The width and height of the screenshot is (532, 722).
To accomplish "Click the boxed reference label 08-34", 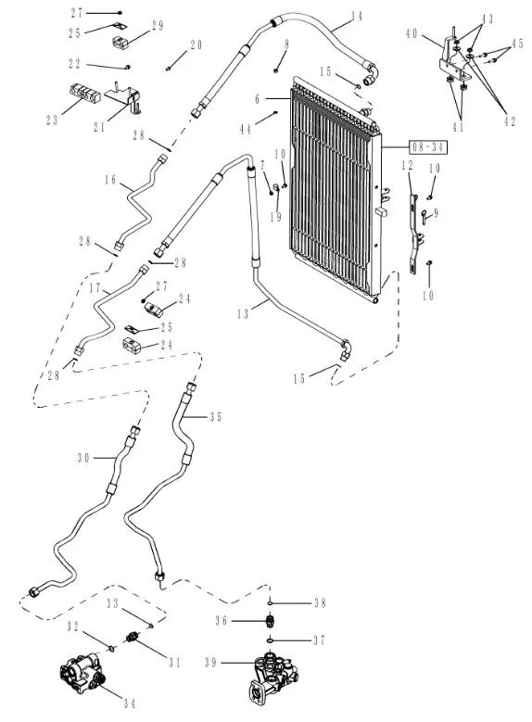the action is point(428,147).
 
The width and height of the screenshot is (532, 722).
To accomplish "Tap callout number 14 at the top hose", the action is point(357,16).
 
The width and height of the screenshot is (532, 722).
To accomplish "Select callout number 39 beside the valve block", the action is point(211,663).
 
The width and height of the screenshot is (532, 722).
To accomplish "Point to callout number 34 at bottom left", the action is point(130,703).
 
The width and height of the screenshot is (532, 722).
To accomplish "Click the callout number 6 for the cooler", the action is point(258,98).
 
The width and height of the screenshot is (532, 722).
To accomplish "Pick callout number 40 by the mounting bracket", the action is point(412,33).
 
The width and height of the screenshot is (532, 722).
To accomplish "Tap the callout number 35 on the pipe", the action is point(216,417).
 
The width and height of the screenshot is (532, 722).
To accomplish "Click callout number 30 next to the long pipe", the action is point(83,458).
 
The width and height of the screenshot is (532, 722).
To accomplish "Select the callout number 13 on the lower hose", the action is point(243,314).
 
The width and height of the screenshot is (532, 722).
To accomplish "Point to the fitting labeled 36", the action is point(271,621).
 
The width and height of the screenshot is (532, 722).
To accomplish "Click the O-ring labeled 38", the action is point(271,602).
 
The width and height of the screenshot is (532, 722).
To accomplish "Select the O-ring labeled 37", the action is point(271,640).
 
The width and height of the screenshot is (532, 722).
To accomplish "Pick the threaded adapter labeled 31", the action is point(132,639).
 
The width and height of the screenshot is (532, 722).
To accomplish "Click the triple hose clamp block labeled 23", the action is point(84,93).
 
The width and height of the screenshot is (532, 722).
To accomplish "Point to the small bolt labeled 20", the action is point(169,69).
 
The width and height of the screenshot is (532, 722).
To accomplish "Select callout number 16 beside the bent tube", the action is point(110,179).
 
